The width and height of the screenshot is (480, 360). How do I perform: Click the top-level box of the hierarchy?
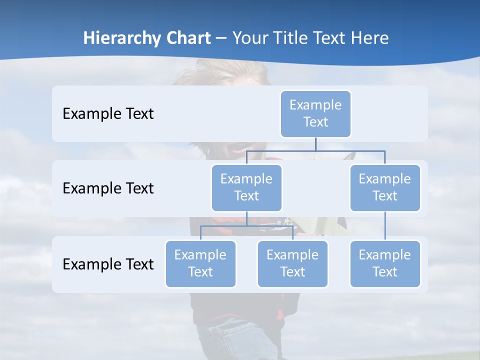pyautogui.click(x=315, y=114)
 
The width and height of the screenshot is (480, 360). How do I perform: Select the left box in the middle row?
pyautogui.click(x=246, y=188)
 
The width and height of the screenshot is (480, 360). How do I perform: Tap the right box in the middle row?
pyautogui.click(x=385, y=188)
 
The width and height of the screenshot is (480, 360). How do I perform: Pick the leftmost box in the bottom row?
pyautogui.click(x=200, y=264)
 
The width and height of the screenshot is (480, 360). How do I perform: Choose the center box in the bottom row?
pyautogui.click(x=292, y=264)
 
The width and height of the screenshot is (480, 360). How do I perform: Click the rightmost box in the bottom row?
pyautogui.click(x=385, y=264)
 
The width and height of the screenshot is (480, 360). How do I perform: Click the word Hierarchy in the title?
pyautogui.click(x=122, y=38)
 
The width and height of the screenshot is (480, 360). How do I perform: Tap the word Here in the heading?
pyautogui.click(x=370, y=38)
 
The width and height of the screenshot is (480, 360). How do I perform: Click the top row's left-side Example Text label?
pyautogui.click(x=108, y=114)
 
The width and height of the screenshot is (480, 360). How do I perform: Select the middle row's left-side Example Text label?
pyautogui.click(x=108, y=188)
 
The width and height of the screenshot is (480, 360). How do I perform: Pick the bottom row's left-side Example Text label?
pyautogui.click(x=108, y=264)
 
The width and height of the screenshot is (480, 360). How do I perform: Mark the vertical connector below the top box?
pyautogui.click(x=315, y=144)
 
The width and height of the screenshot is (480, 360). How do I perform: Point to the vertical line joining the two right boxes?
pyautogui.click(x=385, y=226)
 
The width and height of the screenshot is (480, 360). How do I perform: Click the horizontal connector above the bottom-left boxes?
pyautogui.click(x=246, y=226)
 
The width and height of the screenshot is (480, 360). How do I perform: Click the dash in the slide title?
pyautogui.click(x=221, y=38)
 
